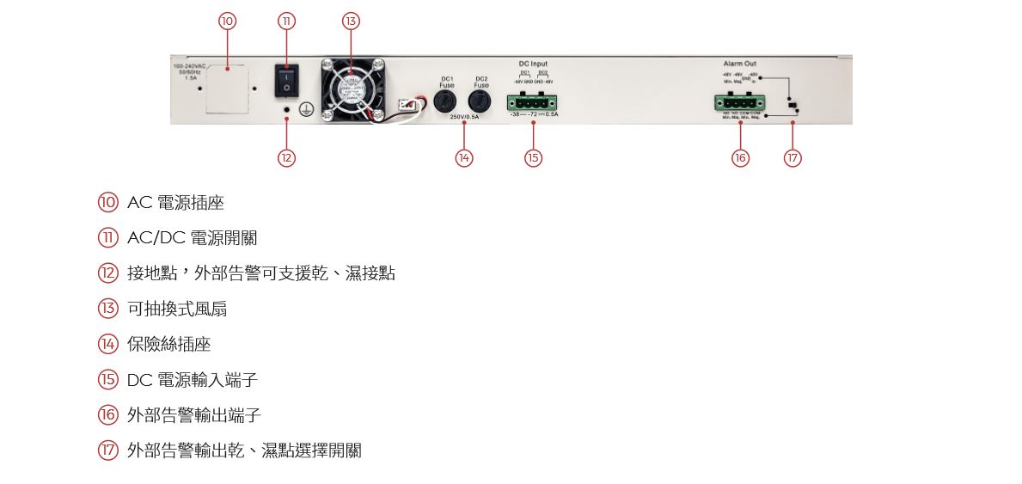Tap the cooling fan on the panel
[x=352, y=87]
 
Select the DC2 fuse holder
[x=481, y=103]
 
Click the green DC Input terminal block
[x=533, y=103]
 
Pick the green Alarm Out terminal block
[x=739, y=103]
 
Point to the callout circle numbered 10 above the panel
[x=227, y=21]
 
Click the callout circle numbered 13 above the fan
[x=350, y=21]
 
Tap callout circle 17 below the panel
[x=793, y=158]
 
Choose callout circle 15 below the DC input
[x=533, y=158]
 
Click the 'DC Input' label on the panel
[x=533, y=64]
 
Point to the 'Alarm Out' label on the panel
[x=739, y=64]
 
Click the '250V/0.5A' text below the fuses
[x=464, y=117]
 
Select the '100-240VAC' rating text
[x=189, y=65]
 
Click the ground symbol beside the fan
[x=303, y=109]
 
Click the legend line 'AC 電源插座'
[x=175, y=203]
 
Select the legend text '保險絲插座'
[x=168, y=344]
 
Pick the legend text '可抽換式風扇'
[x=177, y=309]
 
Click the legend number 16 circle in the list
[x=107, y=415]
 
